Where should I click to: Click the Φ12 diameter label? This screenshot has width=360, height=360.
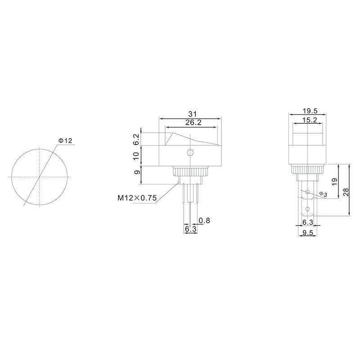pos(65,140)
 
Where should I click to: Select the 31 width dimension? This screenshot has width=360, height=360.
pos(193,114)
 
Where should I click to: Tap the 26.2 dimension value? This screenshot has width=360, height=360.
pos(193,122)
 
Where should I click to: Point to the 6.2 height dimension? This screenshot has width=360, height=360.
pos(136,139)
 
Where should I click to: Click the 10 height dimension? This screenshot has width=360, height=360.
pos(136,156)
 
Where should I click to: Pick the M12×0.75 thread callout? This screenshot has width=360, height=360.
pos(137,198)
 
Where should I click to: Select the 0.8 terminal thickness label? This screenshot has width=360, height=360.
pos(204,220)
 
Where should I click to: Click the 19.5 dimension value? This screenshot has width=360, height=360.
pos(310,111)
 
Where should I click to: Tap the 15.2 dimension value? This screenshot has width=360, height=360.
pos(310,120)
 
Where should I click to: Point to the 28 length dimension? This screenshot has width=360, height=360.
pos(346,192)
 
